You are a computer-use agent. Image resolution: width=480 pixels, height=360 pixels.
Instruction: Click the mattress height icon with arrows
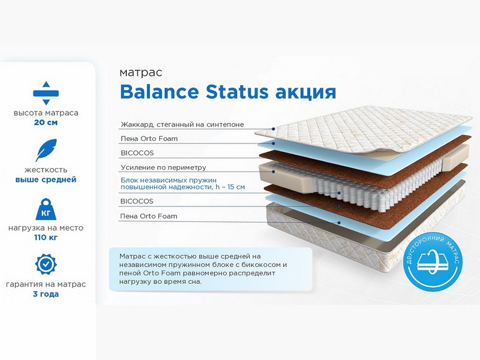click(46, 93)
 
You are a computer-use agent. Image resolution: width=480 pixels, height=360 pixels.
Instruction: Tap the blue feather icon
click(46, 150)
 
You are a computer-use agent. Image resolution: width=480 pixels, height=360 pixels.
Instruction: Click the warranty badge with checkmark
click(46, 264)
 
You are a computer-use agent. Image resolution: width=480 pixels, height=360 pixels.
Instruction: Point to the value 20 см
click(46, 122)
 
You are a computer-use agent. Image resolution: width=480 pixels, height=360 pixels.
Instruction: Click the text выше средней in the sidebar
click(46, 179)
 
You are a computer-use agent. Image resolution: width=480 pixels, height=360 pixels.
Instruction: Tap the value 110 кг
click(46, 237)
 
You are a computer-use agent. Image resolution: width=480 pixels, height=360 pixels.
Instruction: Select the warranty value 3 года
click(46, 294)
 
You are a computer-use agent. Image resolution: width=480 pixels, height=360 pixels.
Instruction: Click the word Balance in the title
click(159, 91)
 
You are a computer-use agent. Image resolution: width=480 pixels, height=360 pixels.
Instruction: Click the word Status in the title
click(237, 91)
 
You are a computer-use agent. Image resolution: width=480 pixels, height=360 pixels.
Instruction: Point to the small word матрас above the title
click(141, 73)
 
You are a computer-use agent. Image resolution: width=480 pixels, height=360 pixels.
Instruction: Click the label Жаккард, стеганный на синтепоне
click(182, 125)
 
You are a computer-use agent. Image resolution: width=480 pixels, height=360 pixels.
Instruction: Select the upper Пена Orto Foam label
click(149, 139)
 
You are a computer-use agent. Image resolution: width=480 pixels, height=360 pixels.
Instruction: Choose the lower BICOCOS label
click(137, 201)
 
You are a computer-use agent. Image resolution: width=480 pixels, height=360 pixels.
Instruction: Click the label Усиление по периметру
click(163, 167)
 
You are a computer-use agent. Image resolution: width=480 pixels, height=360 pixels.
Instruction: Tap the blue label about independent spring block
click(182, 184)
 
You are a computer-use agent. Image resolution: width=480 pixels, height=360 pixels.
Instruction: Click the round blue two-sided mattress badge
click(433, 262)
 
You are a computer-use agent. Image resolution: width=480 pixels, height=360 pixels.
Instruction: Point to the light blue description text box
click(211, 269)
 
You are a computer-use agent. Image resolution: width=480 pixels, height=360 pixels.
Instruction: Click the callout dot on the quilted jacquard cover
click(274, 129)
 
